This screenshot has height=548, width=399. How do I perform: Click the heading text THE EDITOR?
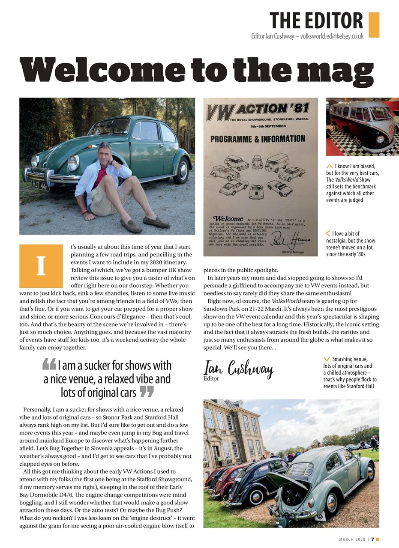coord(316,21)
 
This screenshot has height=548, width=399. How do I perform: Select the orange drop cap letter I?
coord(41,266)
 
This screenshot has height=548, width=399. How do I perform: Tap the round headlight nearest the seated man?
coord(73,163)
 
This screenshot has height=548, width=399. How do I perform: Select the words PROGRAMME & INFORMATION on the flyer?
coord(258,139)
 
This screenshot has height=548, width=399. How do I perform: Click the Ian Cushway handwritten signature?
coord(238,368)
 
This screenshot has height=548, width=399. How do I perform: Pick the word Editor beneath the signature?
coord(211,378)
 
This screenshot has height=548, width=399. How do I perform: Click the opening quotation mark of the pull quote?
coord(49,364)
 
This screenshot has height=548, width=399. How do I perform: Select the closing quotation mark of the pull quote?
coord(147,391)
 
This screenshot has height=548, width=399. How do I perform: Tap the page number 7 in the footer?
coord(372,539)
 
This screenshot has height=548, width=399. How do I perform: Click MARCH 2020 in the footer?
coord(352,539)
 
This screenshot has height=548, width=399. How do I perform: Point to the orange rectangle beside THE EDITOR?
coord(374,24)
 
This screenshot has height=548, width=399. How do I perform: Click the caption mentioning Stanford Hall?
coord(350,372)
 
